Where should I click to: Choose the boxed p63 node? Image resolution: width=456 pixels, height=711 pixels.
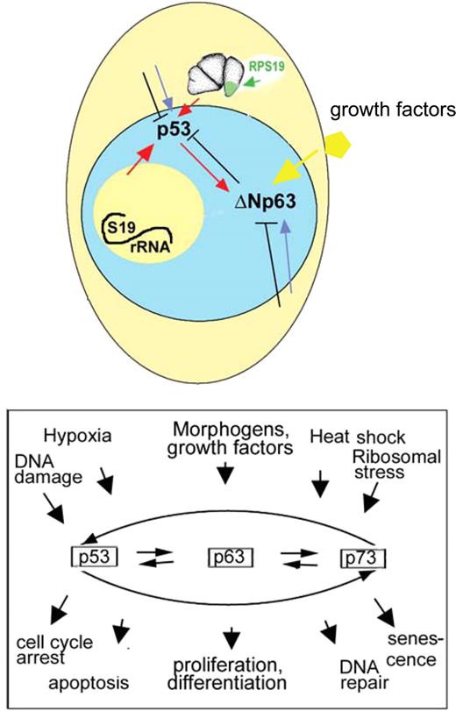227,556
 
